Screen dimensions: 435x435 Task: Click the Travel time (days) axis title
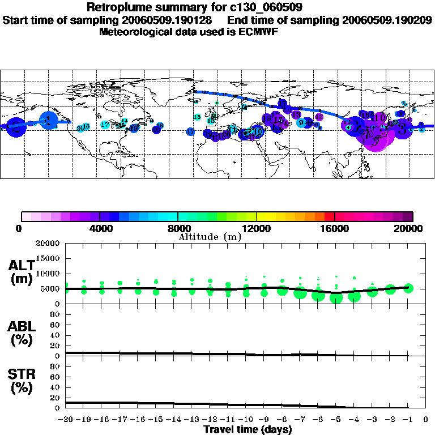pos(248,430)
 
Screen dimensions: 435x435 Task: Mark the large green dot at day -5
pos(336,298)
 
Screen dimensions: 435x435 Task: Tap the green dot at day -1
pos(408,288)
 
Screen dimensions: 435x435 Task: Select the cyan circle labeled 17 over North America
pos(105,125)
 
